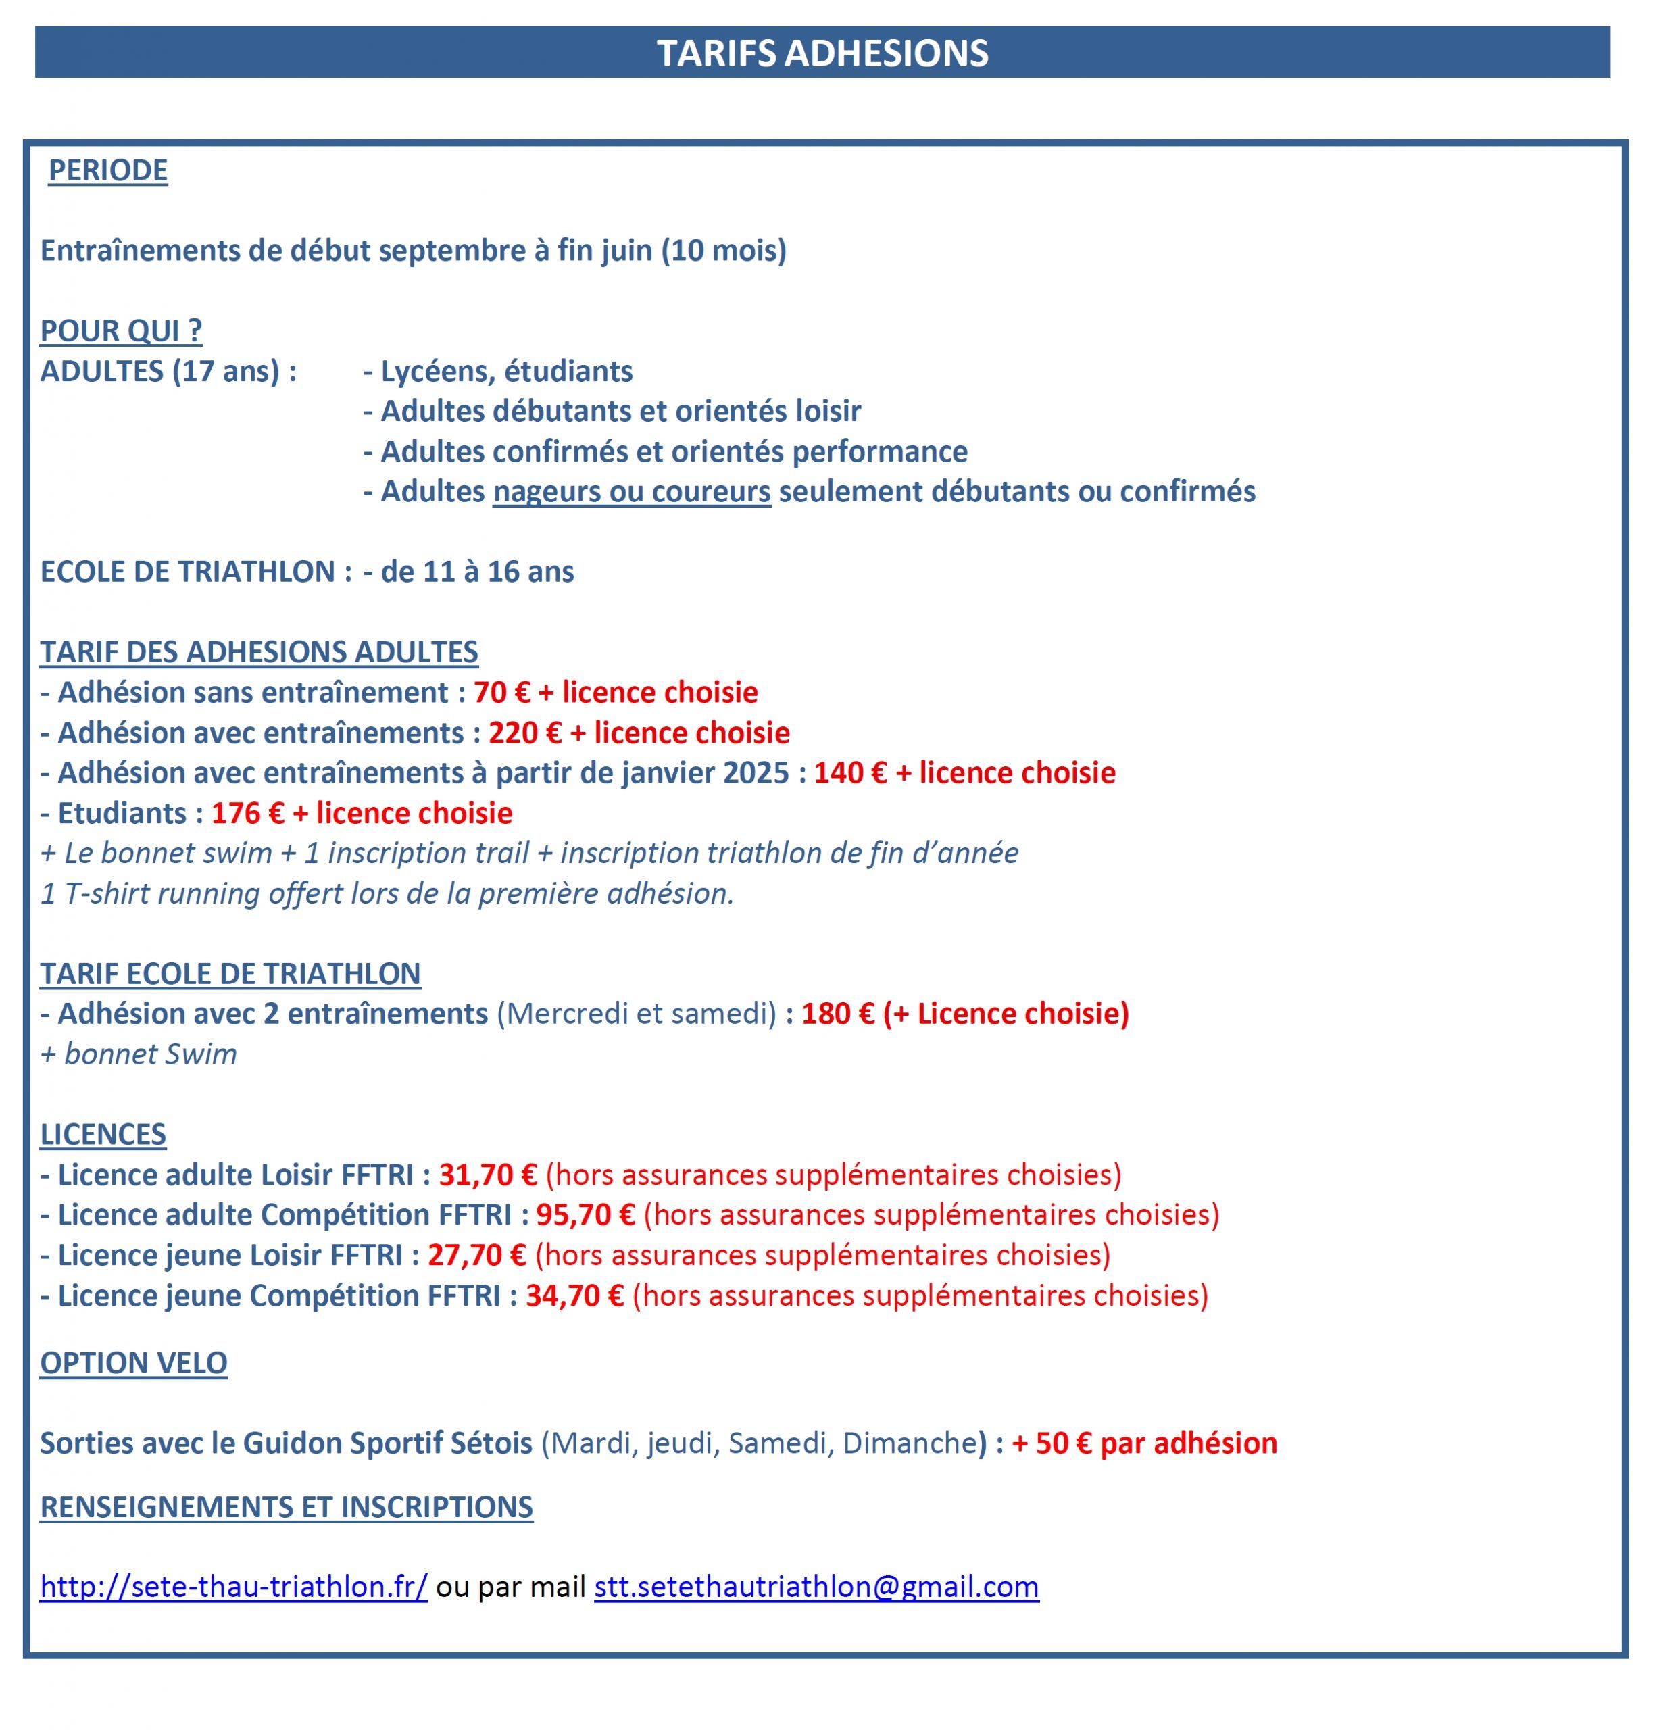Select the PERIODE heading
107,170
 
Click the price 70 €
501,693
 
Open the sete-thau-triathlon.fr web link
234,1587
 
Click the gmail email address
816,1587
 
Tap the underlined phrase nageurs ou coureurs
631,492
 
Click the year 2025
755,773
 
